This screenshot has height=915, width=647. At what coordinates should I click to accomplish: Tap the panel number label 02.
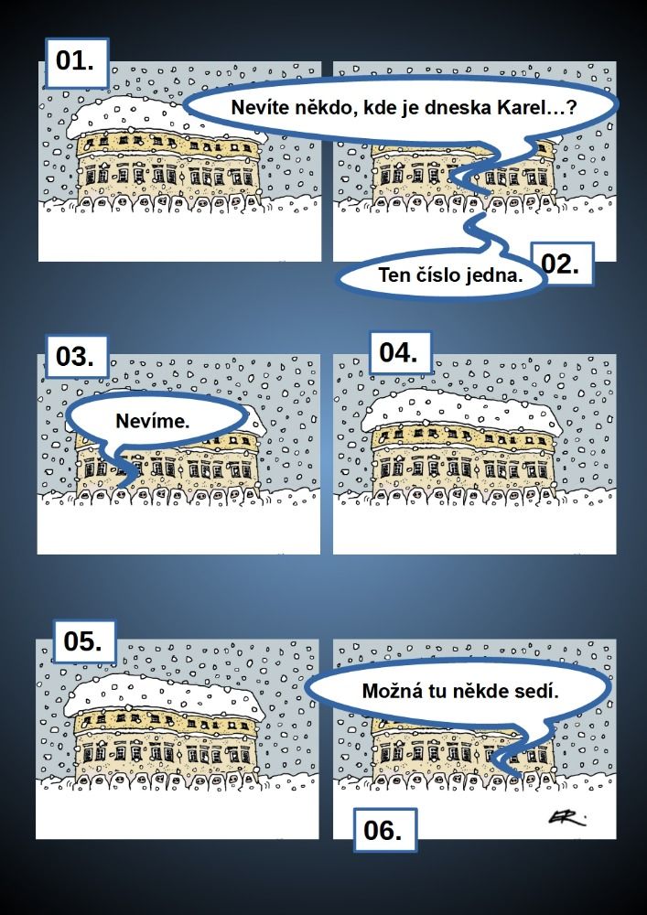[x=562, y=264]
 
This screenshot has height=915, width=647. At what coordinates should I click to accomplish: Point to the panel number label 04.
[x=400, y=353]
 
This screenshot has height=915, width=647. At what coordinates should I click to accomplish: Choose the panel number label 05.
[x=84, y=641]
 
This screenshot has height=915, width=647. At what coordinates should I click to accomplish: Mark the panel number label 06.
[x=385, y=830]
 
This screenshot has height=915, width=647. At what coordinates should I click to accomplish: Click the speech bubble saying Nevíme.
[x=153, y=421]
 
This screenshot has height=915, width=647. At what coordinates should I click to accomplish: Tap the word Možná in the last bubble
[x=390, y=691]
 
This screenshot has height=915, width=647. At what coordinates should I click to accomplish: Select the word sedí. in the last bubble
[x=541, y=691]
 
